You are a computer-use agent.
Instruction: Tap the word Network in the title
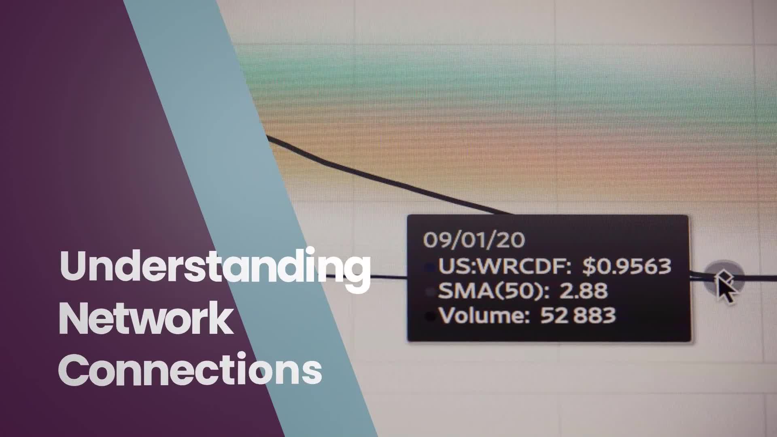[146, 319]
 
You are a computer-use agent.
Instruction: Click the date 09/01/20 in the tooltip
[474, 240]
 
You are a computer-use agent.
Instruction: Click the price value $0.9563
[627, 266]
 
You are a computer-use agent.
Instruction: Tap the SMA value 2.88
[583, 291]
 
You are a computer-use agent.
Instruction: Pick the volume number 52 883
[578, 316]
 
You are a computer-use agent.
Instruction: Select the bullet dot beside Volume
[430, 316]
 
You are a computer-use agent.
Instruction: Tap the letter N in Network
[73, 319]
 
